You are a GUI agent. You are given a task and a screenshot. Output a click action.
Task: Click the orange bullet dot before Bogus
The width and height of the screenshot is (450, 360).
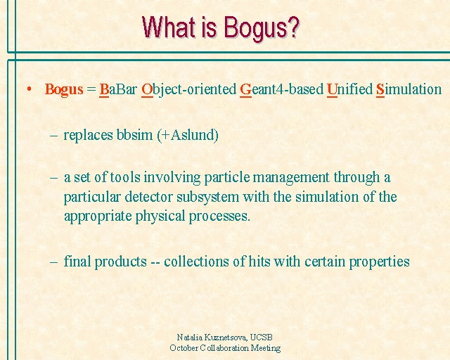coord(29,89)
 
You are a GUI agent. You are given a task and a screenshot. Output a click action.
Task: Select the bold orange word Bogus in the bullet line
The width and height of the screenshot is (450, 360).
coord(64,89)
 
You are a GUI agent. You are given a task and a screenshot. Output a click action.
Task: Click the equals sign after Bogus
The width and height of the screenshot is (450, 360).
coord(91,89)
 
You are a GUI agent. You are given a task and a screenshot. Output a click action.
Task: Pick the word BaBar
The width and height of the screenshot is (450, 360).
coord(118,89)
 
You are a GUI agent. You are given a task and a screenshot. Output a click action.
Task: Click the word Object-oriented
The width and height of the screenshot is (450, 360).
coord(189,89)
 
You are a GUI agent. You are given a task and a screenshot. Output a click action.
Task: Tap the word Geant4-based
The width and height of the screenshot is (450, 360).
coord(282,89)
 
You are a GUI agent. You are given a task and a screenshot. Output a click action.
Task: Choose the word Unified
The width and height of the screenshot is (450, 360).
coord(349,89)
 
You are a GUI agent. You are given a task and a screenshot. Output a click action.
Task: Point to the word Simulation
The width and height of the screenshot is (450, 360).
coord(409,89)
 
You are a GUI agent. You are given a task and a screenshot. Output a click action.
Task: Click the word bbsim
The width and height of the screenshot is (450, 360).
coord(134,134)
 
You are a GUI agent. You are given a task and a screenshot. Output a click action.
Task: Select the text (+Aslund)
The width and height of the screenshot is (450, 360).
coord(188,135)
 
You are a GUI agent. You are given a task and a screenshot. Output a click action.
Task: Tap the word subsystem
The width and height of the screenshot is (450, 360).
coord(208,197)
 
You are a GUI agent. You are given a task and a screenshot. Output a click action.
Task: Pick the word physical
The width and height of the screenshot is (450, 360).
coord(160,216)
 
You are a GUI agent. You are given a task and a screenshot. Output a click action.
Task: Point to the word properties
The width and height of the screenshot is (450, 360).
coord(379,262)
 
